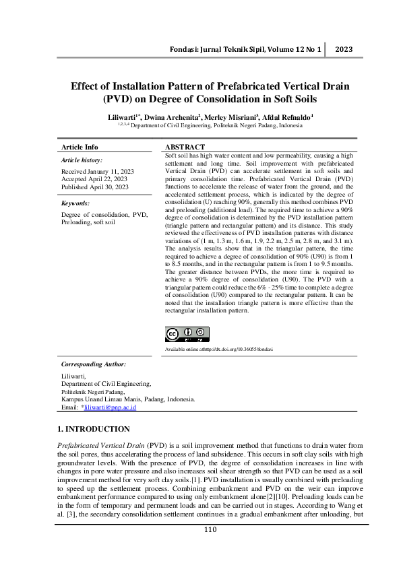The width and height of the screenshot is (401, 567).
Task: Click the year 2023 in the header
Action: point(344,50)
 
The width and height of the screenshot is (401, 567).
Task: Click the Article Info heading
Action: point(80,147)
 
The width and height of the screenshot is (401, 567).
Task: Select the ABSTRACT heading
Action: point(186,147)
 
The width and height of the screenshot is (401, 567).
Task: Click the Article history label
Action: point(82,160)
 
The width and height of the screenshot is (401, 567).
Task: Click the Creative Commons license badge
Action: point(187,335)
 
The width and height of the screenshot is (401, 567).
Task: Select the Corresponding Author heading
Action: point(94,364)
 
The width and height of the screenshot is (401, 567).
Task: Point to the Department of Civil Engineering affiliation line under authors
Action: point(216,125)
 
